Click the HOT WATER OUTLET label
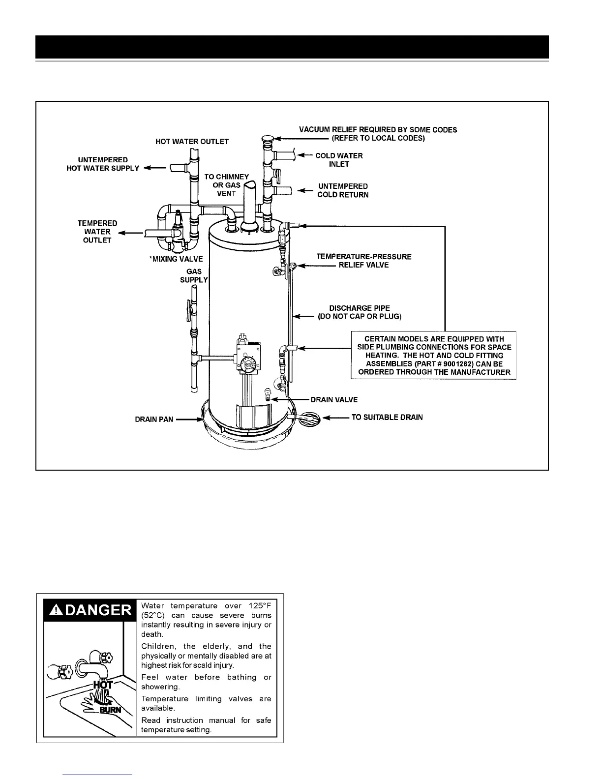192,142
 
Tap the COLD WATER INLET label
339,160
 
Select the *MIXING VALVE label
176,259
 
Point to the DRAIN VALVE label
334,400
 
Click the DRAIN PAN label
154,419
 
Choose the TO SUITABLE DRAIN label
387,418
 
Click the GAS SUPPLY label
194,275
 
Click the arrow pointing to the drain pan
187,419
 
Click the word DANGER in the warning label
98,610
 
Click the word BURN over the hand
110,710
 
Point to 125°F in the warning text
260,606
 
